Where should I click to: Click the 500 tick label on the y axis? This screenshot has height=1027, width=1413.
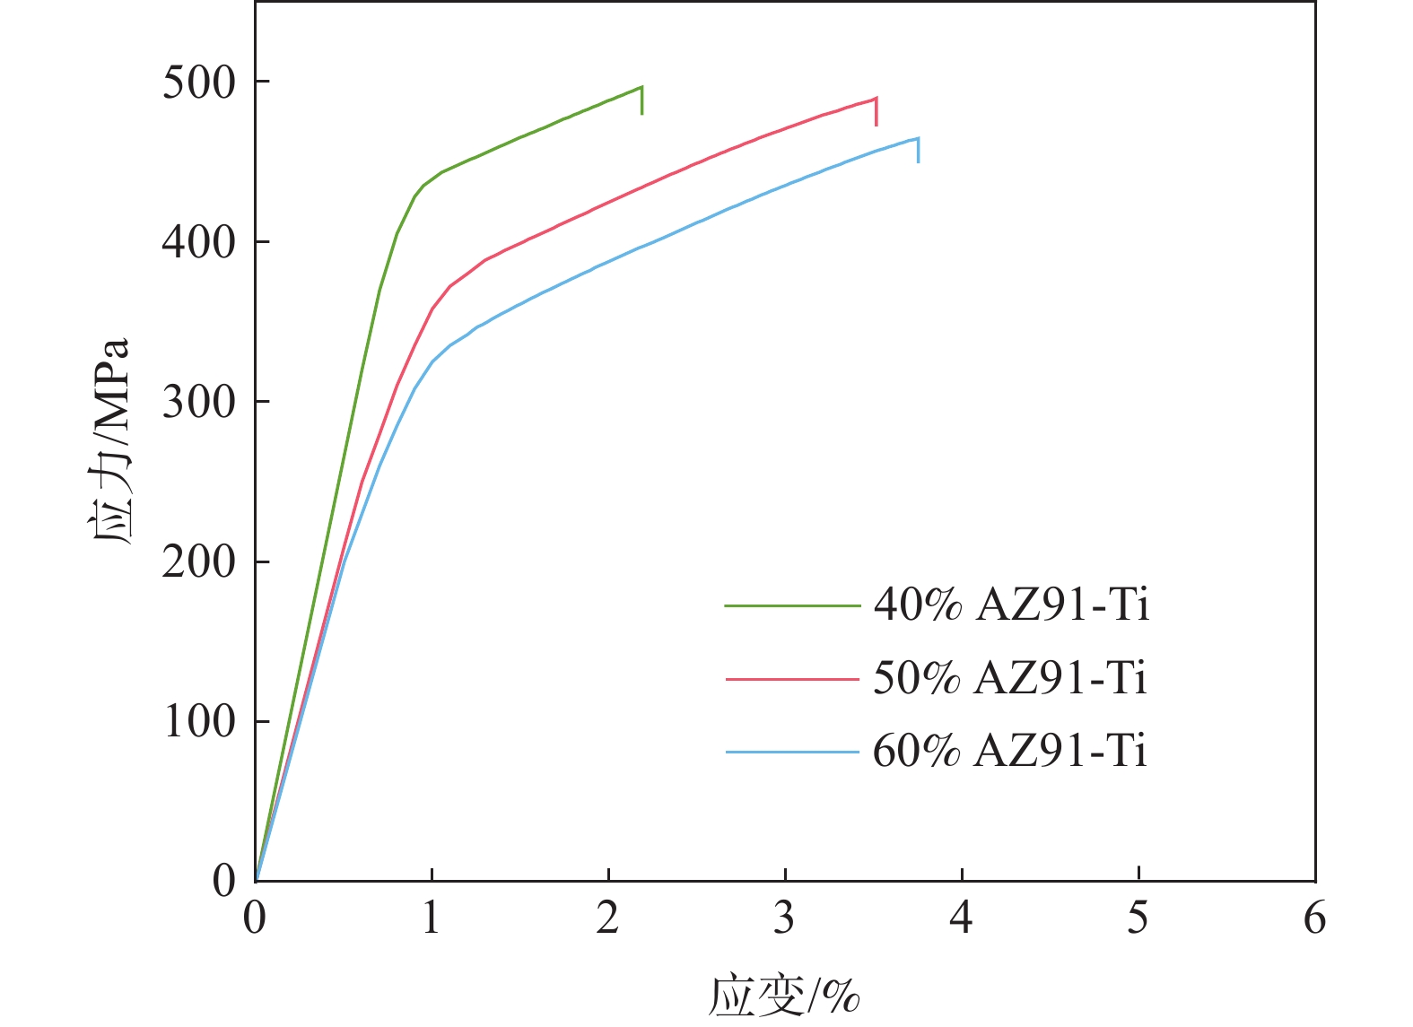click(x=198, y=83)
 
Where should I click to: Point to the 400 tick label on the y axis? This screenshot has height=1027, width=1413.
click(x=198, y=243)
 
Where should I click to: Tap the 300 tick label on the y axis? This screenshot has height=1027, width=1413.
click(x=198, y=403)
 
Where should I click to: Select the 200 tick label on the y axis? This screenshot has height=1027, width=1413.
click(x=198, y=562)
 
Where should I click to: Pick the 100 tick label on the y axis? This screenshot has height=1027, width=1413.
click(x=198, y=722)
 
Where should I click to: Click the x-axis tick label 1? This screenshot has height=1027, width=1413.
click(x=432, y=918)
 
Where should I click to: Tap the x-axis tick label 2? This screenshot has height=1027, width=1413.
click(x=608, y=918)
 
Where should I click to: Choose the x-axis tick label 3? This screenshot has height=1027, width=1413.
click(x=785, y=918)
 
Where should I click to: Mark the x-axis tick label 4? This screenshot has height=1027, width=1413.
click(x=962, y=918)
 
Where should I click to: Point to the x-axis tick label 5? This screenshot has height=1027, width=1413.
click(x=1138, y=918)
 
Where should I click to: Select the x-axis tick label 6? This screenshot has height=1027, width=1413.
click(x=1315, y=918)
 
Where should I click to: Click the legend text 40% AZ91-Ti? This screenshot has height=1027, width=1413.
click(x=1011, y=605)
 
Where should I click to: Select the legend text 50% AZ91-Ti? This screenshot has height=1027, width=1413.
click(x=1010, y=678)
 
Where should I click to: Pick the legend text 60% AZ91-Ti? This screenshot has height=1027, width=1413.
click(x=1010, y=750)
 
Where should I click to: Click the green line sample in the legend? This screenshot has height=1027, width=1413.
click(x=792, y=605)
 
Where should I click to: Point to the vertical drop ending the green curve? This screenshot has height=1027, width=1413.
click(x=642, y=100)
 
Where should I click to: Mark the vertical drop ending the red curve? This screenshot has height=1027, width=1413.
click(x=876, y=112)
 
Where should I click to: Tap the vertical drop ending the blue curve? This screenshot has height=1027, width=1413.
click(x=918, y=150)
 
